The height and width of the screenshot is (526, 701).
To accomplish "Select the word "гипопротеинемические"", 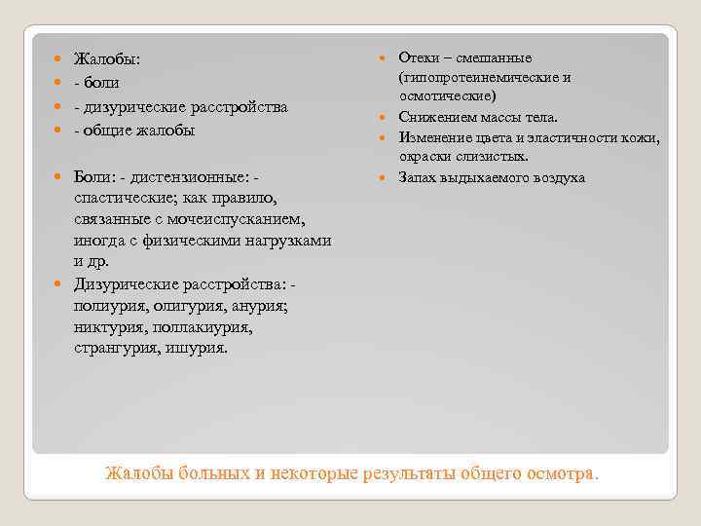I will [x=477, y=78].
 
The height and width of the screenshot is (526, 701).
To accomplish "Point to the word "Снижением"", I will [x=434, y=118].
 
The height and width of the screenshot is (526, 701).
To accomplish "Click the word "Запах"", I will [x=420, y=177].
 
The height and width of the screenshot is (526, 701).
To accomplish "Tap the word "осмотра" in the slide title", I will [x=560, y=474].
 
